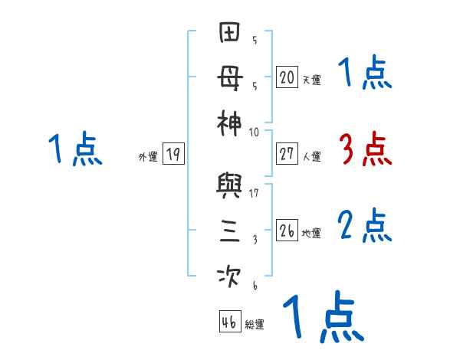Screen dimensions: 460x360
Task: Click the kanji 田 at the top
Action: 231,34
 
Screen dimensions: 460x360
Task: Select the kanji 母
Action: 231,79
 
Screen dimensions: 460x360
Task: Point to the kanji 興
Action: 231,186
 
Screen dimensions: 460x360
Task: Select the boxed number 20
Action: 287,77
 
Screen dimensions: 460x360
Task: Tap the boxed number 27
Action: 287,154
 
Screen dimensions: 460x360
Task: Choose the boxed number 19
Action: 172,155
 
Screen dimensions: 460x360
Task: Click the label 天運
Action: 311,80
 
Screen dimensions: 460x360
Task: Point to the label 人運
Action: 311,157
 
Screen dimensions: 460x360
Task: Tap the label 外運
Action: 148,157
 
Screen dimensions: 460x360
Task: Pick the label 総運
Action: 254,324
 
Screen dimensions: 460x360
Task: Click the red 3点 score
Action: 364,150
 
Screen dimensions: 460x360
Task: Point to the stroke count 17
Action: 254,194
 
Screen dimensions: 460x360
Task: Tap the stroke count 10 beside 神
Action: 254,132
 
